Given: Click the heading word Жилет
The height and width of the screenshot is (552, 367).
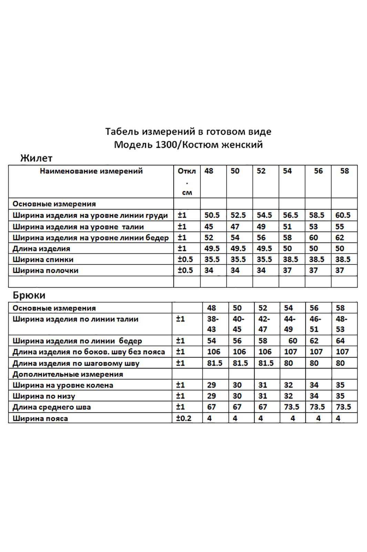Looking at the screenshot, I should pyautogui.click(x=36, y=158).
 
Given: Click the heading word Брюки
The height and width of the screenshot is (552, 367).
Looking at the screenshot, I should pyautogui.click(x=29, y=295).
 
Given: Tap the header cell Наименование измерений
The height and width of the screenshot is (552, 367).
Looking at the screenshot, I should pyautogui.click(x=91, y=171).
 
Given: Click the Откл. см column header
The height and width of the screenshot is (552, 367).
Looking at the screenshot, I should pyautogui.click(x=186, y=181).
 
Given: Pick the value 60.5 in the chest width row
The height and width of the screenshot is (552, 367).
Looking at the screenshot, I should pyautogui.click(x=343, y=215).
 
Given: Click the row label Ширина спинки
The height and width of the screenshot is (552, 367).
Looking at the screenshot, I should pyautogui.click(x=43, y=259).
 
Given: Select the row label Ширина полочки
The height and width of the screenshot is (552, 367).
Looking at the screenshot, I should pyautogui.click(x=45, y=270).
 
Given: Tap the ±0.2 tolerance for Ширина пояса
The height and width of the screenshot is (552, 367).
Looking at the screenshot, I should pyautogui.click(x=184, y=418).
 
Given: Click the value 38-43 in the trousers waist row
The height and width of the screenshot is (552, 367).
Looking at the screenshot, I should pyautogui.click(x=212, y=324).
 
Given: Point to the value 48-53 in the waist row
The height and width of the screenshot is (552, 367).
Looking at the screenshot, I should pyautogui.click(x=341, y=324).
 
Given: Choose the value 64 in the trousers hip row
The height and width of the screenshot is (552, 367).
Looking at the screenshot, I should pyautogui.click(x=340, y=341).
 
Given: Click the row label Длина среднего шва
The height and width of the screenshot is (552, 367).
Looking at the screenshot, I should pyautogui.click(x=52, y=407).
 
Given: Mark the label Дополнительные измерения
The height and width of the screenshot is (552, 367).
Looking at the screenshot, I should pyautogui.click(x=68, y=374).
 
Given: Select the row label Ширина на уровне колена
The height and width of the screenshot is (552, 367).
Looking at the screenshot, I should pyautogui.click(x=63, y=385).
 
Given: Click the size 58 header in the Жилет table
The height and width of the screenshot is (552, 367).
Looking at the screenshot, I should pyautogui.click(x=344, y=171).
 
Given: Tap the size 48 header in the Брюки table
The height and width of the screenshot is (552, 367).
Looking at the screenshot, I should pyautogui.click(x=212, y=308).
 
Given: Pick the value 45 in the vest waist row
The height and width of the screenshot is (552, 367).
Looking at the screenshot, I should pyautogui.click(x=209, y=227).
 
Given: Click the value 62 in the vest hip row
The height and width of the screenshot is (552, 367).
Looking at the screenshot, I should pyautogui.click(x=340, y=238).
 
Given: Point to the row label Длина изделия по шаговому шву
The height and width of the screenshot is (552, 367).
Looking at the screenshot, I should pyautogui.click(x=76, y=363).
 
